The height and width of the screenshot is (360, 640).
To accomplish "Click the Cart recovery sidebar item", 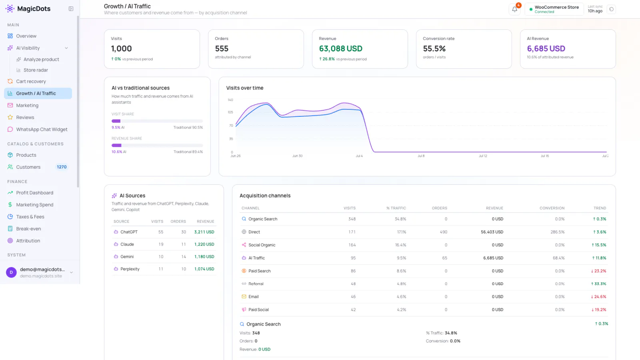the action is click(x=31, y=82).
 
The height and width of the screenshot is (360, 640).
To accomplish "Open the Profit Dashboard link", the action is click(x=34, y=193).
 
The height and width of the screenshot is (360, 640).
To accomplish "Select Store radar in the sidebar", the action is click(x=36, y=70).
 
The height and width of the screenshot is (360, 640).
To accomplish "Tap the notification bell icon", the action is click(x=514, y=10).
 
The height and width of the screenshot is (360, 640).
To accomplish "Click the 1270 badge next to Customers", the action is click(x=62, y=167).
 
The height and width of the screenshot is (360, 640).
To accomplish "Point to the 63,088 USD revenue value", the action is click(x=340, y=48).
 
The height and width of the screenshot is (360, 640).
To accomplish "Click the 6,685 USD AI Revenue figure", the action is click(x=546, y=48).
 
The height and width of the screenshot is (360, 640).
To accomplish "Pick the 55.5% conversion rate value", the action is click(x=434, y=48).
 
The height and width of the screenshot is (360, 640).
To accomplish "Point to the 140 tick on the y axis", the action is click(x=230, y=100).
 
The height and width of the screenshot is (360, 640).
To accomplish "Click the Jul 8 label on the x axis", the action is click(x=421, y=156).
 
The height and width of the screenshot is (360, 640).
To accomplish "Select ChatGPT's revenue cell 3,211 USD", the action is click(x=204, y=232).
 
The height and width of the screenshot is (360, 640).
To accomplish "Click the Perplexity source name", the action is click(x=130, y=269).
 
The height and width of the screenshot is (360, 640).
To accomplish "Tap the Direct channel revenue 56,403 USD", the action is click(x=492, y=232).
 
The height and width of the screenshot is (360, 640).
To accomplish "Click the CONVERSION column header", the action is click(x=552, y=208).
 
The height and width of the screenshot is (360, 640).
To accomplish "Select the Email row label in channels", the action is click(x=254, y=296).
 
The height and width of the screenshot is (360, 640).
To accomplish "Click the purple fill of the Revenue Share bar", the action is click(x=116, y=146).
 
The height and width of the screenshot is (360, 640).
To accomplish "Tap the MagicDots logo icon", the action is click(x=10, y=8).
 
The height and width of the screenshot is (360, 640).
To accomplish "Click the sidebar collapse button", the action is click(x=71, y=9).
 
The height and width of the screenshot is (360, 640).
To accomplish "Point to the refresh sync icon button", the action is click(x=612, y=10).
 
